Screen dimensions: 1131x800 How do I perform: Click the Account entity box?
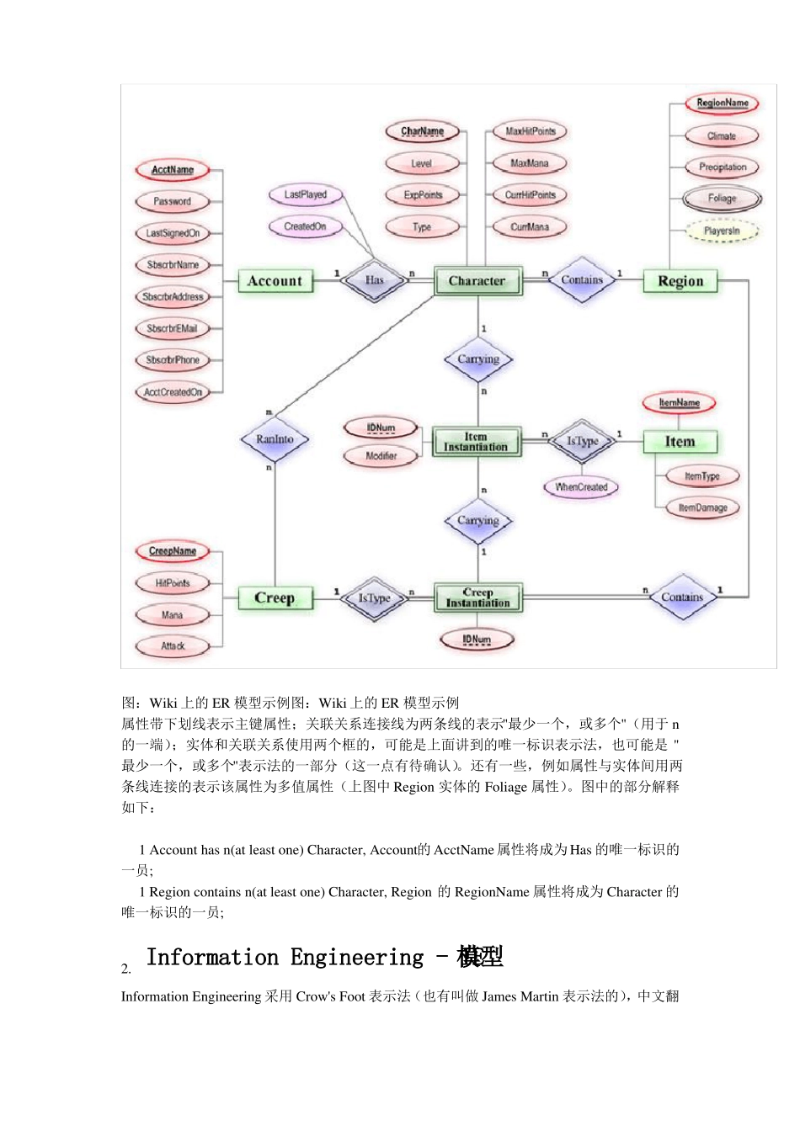point(275,281)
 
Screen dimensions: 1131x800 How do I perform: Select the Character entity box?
point(477,281)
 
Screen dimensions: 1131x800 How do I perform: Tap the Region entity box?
point(680,281)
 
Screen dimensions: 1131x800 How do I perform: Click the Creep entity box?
point(275,598)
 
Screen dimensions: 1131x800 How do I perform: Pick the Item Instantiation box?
point(477,442)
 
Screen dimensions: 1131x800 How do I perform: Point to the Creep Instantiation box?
point(477,598)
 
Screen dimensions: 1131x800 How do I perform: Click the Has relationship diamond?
point(375,280)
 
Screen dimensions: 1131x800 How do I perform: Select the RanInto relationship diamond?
point(275,439)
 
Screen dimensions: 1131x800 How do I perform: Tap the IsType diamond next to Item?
point(583,441)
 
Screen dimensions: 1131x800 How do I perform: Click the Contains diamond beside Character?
point(582,280)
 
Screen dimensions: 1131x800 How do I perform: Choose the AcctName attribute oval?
point(173,170)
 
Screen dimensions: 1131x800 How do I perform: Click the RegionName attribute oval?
point(723,104)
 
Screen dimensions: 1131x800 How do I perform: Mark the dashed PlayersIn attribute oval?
point(723,231)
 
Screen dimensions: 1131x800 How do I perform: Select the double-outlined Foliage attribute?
point(723,199)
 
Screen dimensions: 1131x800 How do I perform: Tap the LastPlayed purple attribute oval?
point(305,194)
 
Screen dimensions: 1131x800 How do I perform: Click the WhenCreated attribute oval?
point(581,487)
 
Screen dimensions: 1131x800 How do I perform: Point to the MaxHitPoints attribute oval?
point(531,131)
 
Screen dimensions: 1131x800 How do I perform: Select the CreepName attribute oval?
point(173,551)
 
